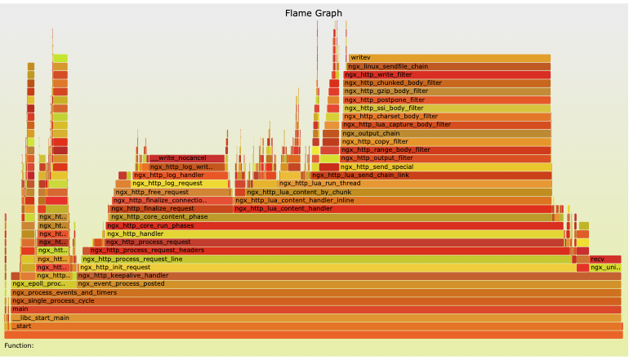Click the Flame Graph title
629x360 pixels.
pos(314,13)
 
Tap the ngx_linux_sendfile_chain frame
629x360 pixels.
pos(448,66)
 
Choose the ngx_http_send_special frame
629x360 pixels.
pos(445,167)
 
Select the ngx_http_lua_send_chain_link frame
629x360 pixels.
pos(430,175)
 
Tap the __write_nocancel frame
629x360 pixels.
pos(186,158)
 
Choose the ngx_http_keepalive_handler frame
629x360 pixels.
pos(327,275)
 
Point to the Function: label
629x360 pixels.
pos(19,345)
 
